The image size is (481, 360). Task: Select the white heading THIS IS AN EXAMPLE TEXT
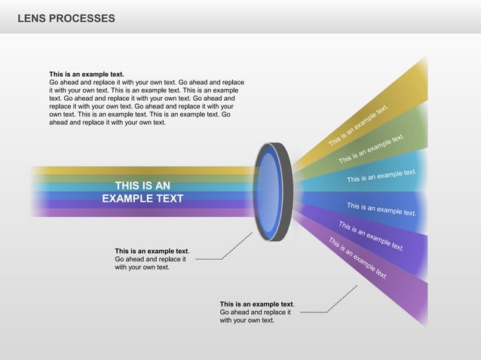142,192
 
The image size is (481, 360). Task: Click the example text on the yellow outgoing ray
358,126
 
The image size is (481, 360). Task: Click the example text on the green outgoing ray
372,149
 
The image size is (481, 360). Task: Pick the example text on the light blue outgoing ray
381,176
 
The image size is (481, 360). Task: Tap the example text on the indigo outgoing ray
371,235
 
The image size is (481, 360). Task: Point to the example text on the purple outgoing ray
357,258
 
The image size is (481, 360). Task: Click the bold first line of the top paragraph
86,75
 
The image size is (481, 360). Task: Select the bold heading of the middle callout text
151,251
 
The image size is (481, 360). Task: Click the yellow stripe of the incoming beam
143,170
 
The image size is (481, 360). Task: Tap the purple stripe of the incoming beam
143,212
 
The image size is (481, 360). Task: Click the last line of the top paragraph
107,122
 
